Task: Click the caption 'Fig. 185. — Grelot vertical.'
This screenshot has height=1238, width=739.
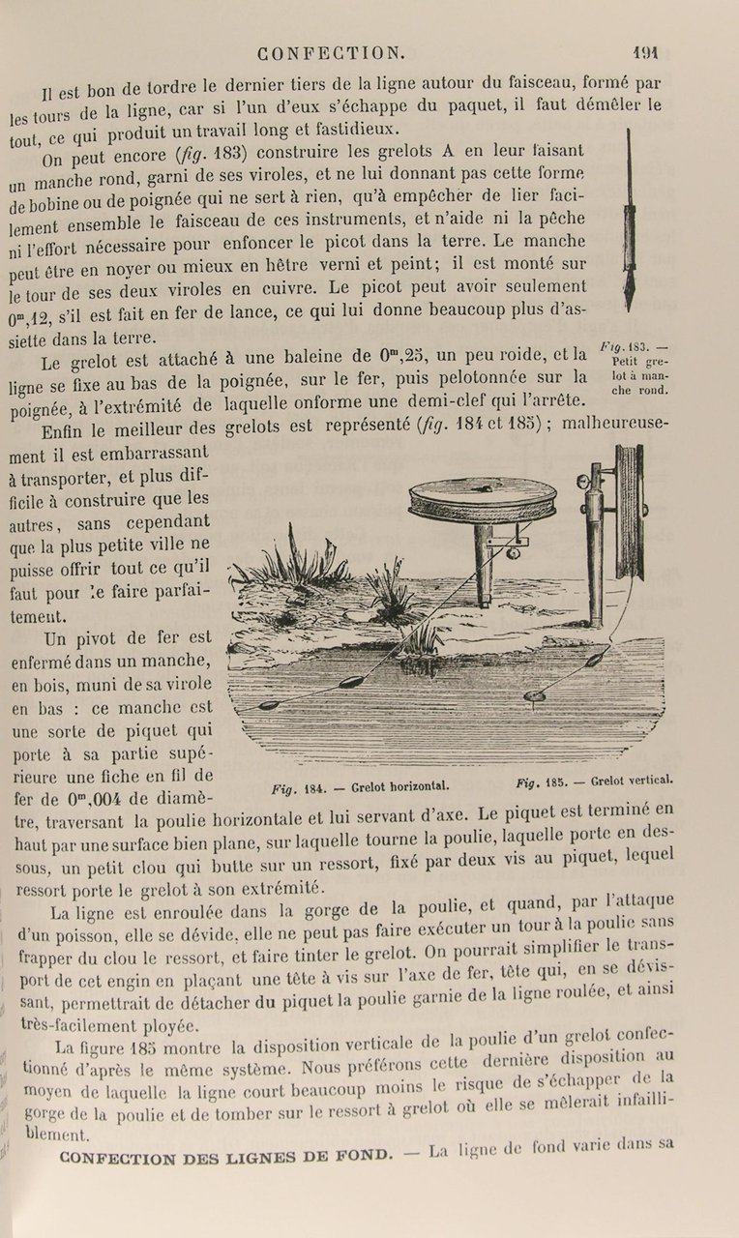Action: (x=594, y=780)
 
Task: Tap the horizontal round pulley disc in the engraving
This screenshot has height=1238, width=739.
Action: (x=483, y=499)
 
